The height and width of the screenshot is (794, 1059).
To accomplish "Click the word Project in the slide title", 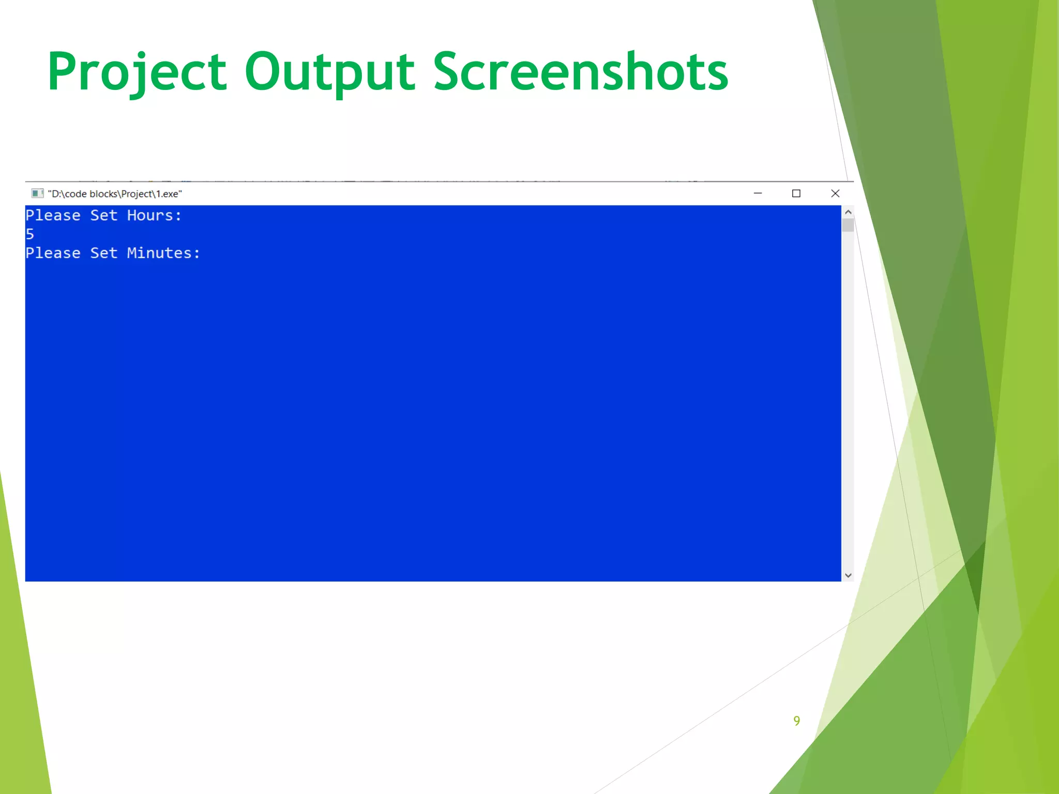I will pyautogui.click(x=137, y=72).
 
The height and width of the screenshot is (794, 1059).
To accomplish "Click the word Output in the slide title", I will pyautogui.click(x=329, y=72).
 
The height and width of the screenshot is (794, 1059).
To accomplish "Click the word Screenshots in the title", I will pyautogui.click(x=580, y=72).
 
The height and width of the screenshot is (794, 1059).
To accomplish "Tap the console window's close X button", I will pyautogui.click(x=835, y=193).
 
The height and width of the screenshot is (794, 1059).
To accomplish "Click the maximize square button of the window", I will pyautogui.click(x=796, y=193).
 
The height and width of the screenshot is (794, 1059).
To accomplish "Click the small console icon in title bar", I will pyautogui.click(x=37, y=193).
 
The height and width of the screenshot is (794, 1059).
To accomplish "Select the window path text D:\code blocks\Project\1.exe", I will pyautogui.click(x=115, y=194).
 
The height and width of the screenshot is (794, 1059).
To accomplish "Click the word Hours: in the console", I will pyautogui.click(x=154, y=216).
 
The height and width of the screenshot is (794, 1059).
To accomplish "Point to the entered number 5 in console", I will pyautogui.click(x=30, y=234).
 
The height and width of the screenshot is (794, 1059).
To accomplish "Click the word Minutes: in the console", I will pyautogui.click(x=163, y=253).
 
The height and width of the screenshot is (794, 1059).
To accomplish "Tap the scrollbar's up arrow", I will pyautogui.click(x=848, y=212).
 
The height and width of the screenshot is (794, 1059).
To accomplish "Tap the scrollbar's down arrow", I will pyautogui.click(x=848, y=575).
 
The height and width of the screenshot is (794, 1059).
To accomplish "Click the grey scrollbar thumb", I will pyautogui.click(x=848, y=225).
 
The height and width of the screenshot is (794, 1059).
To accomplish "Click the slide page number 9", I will pyautogui.click(x=797, y=721).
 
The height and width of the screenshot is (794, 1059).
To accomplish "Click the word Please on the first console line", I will pyautogui.click(x=53, y=216).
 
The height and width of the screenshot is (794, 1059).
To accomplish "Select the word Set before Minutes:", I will pyautogui.click(x=103, y=253).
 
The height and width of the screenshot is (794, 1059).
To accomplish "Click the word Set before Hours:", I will pyautogui.click(x=103, y=216).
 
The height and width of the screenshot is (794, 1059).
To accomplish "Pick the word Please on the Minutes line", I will pyautogui.click(x=53, y=253).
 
